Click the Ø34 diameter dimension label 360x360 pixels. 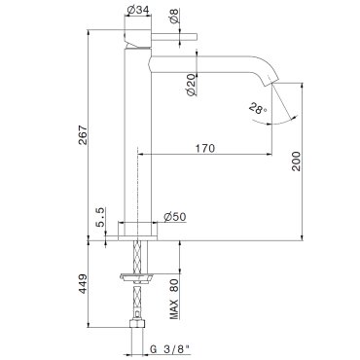(x=138, y=10)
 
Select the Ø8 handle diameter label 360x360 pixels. (x=174, y=16)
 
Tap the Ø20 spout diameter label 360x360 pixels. (x=192, y=85)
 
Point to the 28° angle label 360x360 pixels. (x=258, y=109)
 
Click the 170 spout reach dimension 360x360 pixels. (x=204, y=149)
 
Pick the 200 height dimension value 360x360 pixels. (x=296, y=162)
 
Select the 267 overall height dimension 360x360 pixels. (x=83, y=135)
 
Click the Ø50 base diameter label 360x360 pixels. (x=175, y=217)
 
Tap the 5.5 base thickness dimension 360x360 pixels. (x=100, y=218)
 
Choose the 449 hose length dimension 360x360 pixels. (x=83, y=284)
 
